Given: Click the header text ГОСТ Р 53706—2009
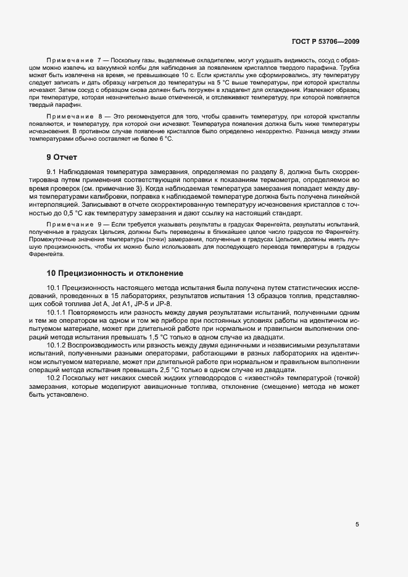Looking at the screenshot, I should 325,42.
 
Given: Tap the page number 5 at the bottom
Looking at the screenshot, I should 357,525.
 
